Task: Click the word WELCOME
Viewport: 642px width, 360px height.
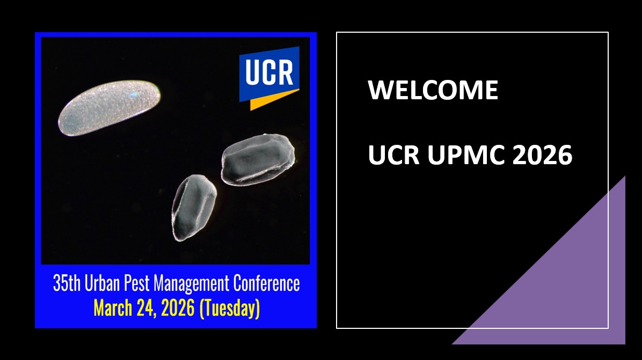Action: pos(433,90)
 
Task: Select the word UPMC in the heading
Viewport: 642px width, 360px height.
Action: pos(466,155)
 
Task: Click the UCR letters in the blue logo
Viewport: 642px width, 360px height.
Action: pos(269,72)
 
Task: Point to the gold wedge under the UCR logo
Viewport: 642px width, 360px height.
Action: pos(270,99)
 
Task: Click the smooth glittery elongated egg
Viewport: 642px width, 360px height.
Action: pos(110,108)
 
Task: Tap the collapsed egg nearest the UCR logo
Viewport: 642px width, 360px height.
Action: pos(258,159)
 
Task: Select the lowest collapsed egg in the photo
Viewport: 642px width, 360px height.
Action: pos(194,208)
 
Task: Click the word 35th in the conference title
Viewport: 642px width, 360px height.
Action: pos(67,283)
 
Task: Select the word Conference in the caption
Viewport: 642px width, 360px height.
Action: pos(267,283)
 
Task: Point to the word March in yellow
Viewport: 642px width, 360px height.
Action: pos(113,308)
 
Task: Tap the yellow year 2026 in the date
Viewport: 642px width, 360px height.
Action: pos(178,308)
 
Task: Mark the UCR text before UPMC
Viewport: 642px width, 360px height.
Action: pos(393,155)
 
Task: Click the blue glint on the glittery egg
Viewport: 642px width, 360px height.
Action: pos(133,95)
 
